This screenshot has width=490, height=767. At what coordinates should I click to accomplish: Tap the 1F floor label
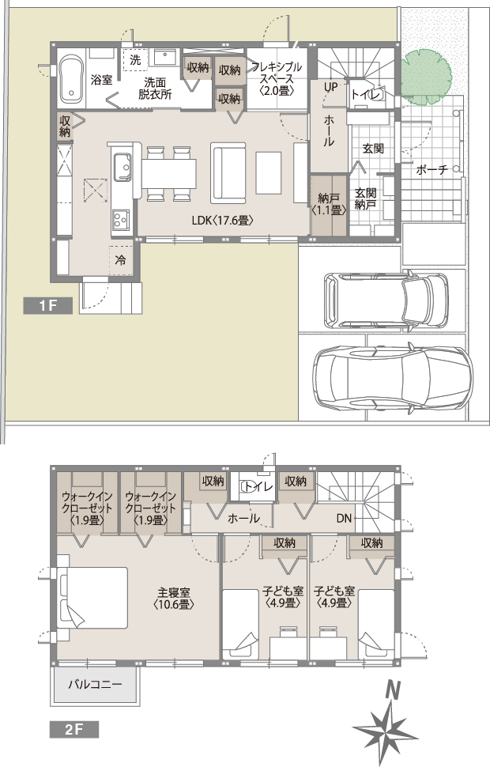click(x=48, y=306)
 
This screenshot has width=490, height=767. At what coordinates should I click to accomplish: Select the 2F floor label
click(x=73, y=729)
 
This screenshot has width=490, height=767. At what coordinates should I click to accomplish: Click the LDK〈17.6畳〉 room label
click(x=223, y=221)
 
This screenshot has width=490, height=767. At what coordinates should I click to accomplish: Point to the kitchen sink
click(x=122, y=166)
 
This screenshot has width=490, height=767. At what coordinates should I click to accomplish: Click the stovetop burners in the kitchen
click(x=121, y=220)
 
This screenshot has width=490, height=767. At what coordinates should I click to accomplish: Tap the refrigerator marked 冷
click(x=120, y=259)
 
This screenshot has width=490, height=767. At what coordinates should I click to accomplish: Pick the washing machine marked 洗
click(x=135, y=60)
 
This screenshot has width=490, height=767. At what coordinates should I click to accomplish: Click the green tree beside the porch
click(x=425, y=77)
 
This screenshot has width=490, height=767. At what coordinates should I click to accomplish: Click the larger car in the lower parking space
click(x=393, y=379)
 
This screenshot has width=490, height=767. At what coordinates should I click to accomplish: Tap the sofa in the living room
click(x=228, y=172)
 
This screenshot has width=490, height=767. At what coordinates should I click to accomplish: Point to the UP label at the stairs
click(x=331, y=88)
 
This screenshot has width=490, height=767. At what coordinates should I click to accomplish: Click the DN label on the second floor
click(x=344, y=518)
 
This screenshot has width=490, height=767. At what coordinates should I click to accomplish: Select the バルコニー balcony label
click(x=95, y=684)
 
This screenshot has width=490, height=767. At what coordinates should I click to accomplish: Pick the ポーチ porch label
click(x=432, y=170)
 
